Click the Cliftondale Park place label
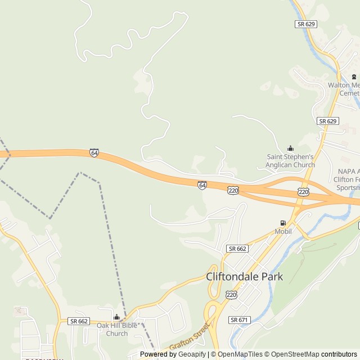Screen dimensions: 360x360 point(244,277)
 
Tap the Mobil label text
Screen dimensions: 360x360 point(283,231)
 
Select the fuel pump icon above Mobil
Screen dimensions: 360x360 point(283,223)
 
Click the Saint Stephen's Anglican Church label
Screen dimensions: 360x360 point(290,160)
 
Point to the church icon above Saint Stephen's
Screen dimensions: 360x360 point(290,148)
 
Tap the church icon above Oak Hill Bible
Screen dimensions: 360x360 point(116,317)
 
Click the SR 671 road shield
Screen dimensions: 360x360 point(238,319)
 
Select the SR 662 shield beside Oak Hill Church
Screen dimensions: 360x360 point(79,321)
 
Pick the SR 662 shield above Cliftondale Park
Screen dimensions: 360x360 point(237,249)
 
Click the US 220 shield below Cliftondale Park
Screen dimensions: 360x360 point(231,295)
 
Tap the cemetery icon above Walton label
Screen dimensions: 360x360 point(354,76)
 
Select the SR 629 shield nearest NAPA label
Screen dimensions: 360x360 point(327,121)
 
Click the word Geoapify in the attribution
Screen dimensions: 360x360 point(192,354)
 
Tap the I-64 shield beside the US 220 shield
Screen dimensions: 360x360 point(202,184)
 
